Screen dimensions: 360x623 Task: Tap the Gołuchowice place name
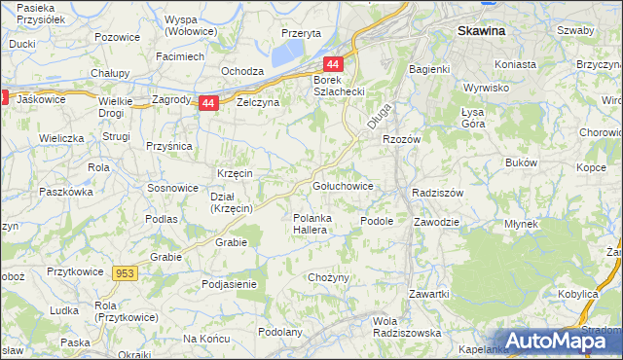pyautogui.click(x=341, y=185)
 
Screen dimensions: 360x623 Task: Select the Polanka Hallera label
pyautogui.click(x=316, y=223)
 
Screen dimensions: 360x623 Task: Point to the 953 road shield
pyautogui.click(x=125, y=274)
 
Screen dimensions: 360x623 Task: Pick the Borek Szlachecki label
pyautogui.click(x=338, y=85)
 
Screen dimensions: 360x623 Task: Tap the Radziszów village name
pyautogui.click(x=437, y=192)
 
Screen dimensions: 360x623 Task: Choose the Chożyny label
pyautogui.click(x=328, y=277)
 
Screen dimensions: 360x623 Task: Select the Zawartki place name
pyautogui.click(x=428, y=294)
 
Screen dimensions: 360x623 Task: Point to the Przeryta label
pyautogui.click(x=301, y=32)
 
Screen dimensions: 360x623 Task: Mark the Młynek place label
pyautogui.click(x=521, y=223)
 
